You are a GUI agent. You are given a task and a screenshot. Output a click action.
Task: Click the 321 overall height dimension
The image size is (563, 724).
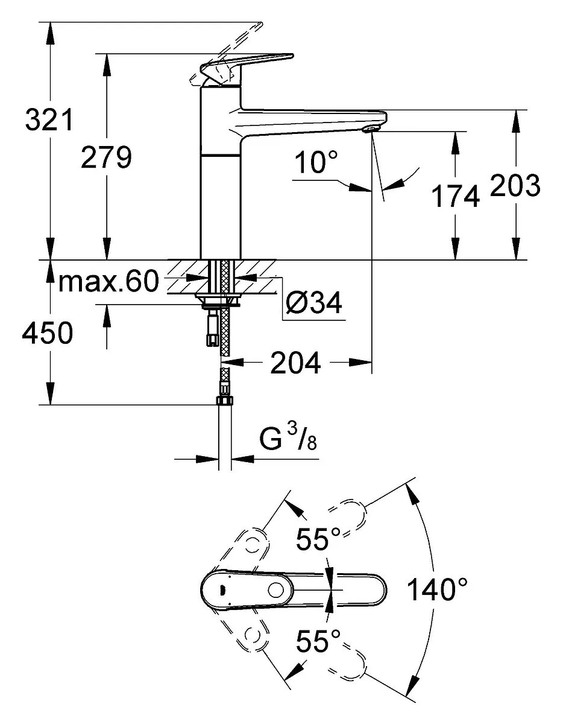click(49, 119)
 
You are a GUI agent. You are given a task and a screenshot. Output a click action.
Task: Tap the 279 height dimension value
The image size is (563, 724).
click(107, 157)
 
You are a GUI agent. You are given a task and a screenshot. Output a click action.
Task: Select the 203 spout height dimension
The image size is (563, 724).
click(515, 185)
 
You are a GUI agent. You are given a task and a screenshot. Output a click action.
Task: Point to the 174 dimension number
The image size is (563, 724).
click(456, 196)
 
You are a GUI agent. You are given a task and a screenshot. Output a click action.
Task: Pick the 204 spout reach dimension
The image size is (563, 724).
click(296, 363)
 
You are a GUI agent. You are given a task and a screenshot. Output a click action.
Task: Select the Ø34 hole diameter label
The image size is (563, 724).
click(314, 303)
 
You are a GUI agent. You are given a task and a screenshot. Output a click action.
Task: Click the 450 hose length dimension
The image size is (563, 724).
click(47, 332)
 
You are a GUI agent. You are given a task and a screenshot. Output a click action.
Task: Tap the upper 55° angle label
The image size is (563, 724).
click(318, 539)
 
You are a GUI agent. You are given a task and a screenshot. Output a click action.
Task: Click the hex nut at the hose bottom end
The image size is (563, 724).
click(225, 401)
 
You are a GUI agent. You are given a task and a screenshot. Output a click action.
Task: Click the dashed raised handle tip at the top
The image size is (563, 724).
click(257, 26)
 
